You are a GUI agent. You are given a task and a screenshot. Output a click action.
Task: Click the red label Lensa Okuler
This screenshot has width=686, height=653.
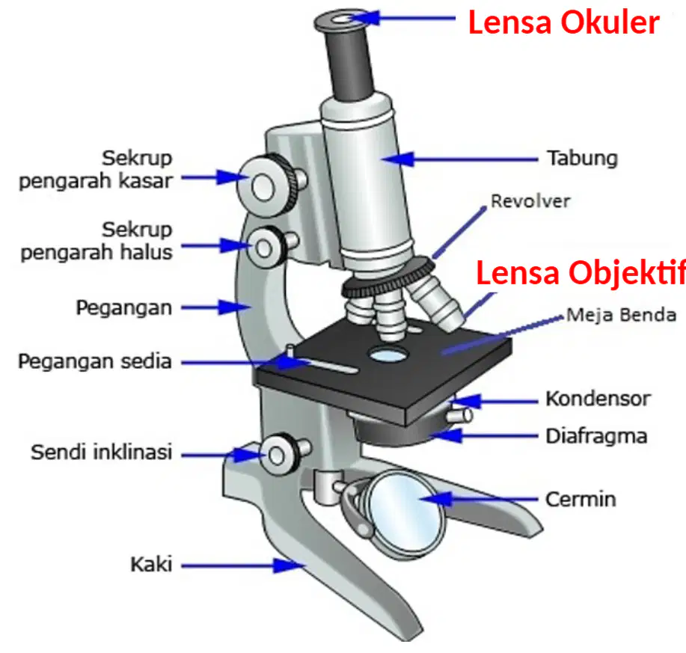click(563, 22)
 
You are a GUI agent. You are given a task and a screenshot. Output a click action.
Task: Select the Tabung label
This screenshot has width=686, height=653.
click(582, 159)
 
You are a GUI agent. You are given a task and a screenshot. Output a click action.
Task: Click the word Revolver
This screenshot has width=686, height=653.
click(530, 201)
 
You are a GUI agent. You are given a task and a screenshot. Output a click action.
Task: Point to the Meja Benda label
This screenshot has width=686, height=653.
click(621, 315)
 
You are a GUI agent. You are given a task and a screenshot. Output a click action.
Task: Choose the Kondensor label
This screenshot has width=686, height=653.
click(598, 399)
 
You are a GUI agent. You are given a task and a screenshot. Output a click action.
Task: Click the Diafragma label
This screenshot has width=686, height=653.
click(596, 436)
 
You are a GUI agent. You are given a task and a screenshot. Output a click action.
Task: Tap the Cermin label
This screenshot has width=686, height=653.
click(581, 499)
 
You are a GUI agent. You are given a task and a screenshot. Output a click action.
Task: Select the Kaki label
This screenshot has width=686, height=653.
click(151, 564)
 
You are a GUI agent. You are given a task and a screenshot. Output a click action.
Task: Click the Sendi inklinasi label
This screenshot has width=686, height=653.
click(101, 452)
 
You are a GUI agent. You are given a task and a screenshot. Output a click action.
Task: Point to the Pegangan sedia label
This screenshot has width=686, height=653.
click(94, 361)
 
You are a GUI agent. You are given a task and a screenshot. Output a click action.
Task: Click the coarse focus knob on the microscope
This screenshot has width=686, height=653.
click(265, 186)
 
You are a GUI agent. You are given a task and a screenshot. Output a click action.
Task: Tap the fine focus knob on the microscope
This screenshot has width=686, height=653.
click(266, 248)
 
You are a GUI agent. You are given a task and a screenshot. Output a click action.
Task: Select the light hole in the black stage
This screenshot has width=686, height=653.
click(388, 355)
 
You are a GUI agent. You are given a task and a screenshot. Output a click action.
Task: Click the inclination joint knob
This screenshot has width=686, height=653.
click(279, 455)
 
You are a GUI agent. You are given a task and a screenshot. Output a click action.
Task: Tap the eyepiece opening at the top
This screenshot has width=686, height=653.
click(341, 19)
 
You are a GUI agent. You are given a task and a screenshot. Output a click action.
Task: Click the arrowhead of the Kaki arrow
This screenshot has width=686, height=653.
click(290, 565)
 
